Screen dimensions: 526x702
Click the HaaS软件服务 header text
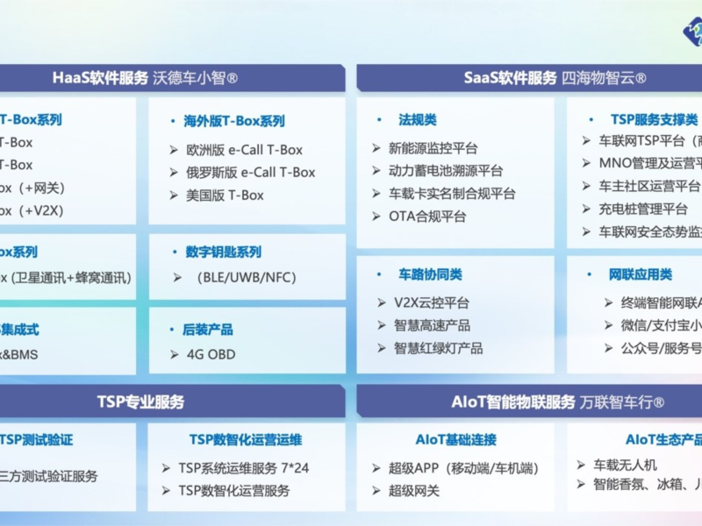tap(100, 78)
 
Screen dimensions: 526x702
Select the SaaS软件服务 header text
tap(511, 78)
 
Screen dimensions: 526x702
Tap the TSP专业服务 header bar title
tap(140, 402)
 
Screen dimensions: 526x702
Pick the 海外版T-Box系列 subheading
tap(234, 121)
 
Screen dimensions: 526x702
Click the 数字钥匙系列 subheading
tap(224, 252)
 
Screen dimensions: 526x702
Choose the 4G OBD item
tap(211, 355)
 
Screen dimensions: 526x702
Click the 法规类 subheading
tap(418, 119)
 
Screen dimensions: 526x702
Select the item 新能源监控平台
tap(433, 148)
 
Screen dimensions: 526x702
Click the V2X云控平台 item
tap(432, 302)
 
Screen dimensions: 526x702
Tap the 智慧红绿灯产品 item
tap(438, 348)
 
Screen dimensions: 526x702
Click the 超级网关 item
tap(414, 491)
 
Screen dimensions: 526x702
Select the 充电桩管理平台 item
tap(643, 209)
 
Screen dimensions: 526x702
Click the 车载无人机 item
tap(625, 465)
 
